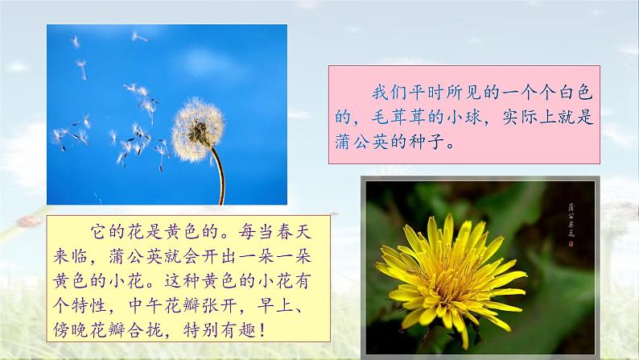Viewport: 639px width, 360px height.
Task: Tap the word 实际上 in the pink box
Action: click(x=545, y=117)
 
